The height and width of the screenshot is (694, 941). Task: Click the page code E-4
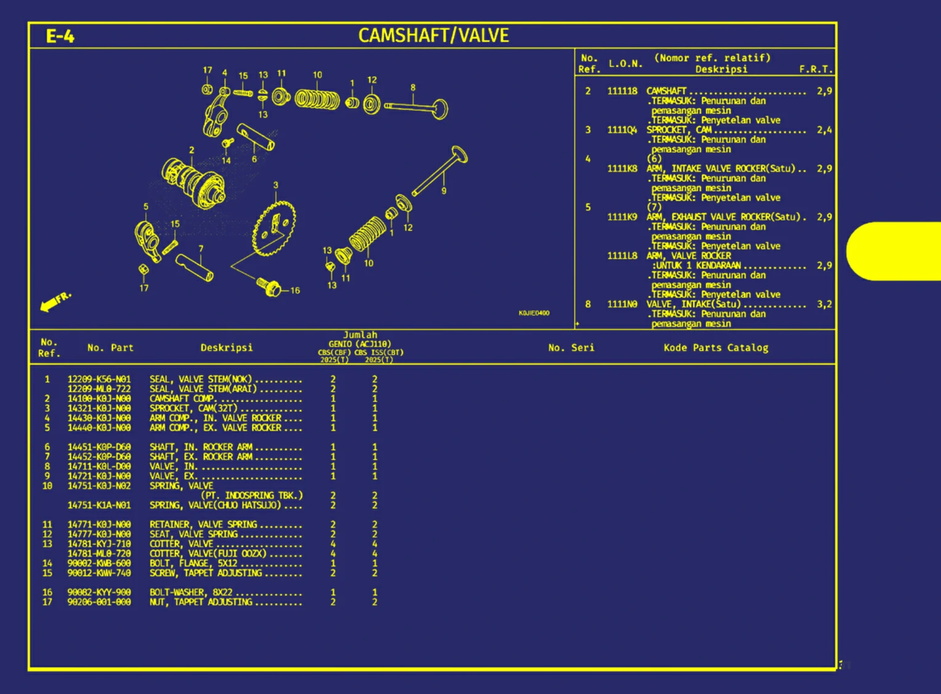pyautogui.click(x=60, y=36)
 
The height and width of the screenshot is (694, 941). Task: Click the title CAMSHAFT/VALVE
pyautogui.click(x=434, y=36)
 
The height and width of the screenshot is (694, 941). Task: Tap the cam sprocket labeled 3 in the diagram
pyautogui.click(x=275, y=227)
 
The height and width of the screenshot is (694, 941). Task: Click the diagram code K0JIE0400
pyautogui.click(x=533, y=313)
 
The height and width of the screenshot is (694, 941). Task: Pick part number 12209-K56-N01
pyautogui.click(x=99, y=379)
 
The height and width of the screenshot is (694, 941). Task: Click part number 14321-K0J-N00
pyautogui.click(x=99, y=408)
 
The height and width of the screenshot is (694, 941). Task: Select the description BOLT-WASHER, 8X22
pyautogui.click(x=191, y=592)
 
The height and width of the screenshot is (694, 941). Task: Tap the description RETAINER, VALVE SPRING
pyautogui.click(x=203, y=525)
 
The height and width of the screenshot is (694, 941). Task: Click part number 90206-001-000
pyautogui.click(x=99, y=602)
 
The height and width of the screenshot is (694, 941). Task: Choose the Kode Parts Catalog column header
pyautogui.click(x=716, y=348)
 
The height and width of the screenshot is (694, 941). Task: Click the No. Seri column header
pyautogui.click(x=571, y=348)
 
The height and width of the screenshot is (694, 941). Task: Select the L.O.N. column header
pyautogui.click(x=625, y=63)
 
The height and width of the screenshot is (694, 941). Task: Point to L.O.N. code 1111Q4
pyautogui.click(x=622, y=130)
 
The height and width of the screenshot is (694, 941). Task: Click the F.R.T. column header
pyautogui.click(x=815, y=69)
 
